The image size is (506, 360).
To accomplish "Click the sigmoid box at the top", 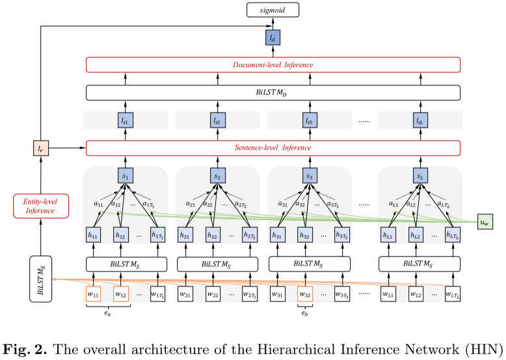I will (x=273, y=10).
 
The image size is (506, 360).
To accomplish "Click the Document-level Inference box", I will (x=273, y=65).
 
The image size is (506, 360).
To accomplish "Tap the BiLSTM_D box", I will (x=273, y=92).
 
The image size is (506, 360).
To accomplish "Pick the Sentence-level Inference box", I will (x=273, y=148).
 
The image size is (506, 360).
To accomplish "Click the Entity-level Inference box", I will (x=40, y=205).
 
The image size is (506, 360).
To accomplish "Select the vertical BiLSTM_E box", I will (x=40, y=279).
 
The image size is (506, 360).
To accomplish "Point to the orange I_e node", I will (x=40, y=148).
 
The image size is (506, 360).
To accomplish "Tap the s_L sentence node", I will (x=420, y=176).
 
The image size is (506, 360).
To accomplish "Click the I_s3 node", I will (x=310, y=120).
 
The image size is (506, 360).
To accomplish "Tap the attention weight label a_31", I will (x=283, y=204).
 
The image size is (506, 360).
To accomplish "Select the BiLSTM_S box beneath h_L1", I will (x=420, y=265).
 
